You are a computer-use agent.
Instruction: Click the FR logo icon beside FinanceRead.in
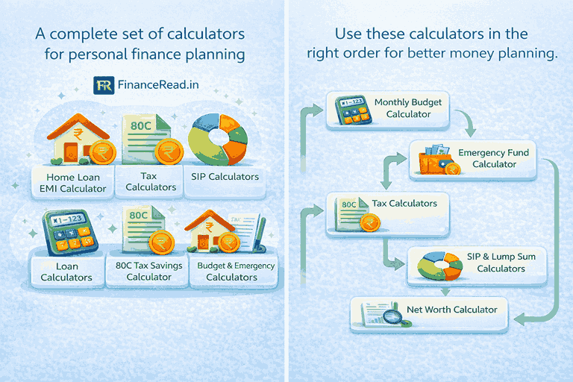[104, 84]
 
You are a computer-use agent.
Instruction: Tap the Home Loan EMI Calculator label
[73, 184]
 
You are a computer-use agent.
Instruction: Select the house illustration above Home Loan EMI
[75, 138]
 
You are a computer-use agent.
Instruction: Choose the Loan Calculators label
[66, 272]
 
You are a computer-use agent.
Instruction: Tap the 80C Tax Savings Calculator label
[149, 272]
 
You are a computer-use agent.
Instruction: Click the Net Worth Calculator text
[451, 309]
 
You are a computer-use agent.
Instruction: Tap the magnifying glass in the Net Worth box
[392, 318]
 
